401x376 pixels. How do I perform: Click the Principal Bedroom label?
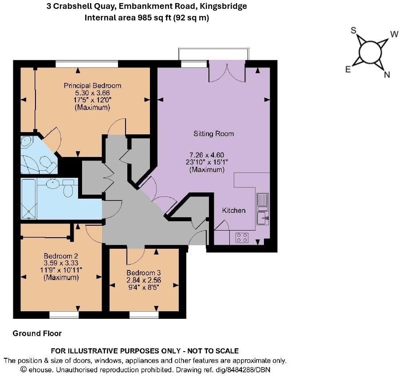click(x=92, y=86)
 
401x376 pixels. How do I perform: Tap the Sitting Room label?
click(x=213, y=133)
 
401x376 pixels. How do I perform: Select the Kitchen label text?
click(x=234, y=210)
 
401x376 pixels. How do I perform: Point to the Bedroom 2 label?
click(x=61, y=256)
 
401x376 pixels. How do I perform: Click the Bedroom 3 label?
click(x=144, y=273)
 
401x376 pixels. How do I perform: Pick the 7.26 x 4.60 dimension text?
click(x=207, y=155)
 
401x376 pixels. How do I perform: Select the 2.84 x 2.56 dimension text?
click(x=144, y=280)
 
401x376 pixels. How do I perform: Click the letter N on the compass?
click(x=386, y=75)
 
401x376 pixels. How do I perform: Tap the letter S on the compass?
click(x=354, y=30)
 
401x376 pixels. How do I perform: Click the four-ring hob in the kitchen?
click(x=242, y=237)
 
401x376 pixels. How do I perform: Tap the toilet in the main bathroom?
click(x=68, y=188)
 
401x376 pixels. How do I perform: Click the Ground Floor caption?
click(x=37, y=333)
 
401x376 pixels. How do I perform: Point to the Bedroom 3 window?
click(x=144, y=314)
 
